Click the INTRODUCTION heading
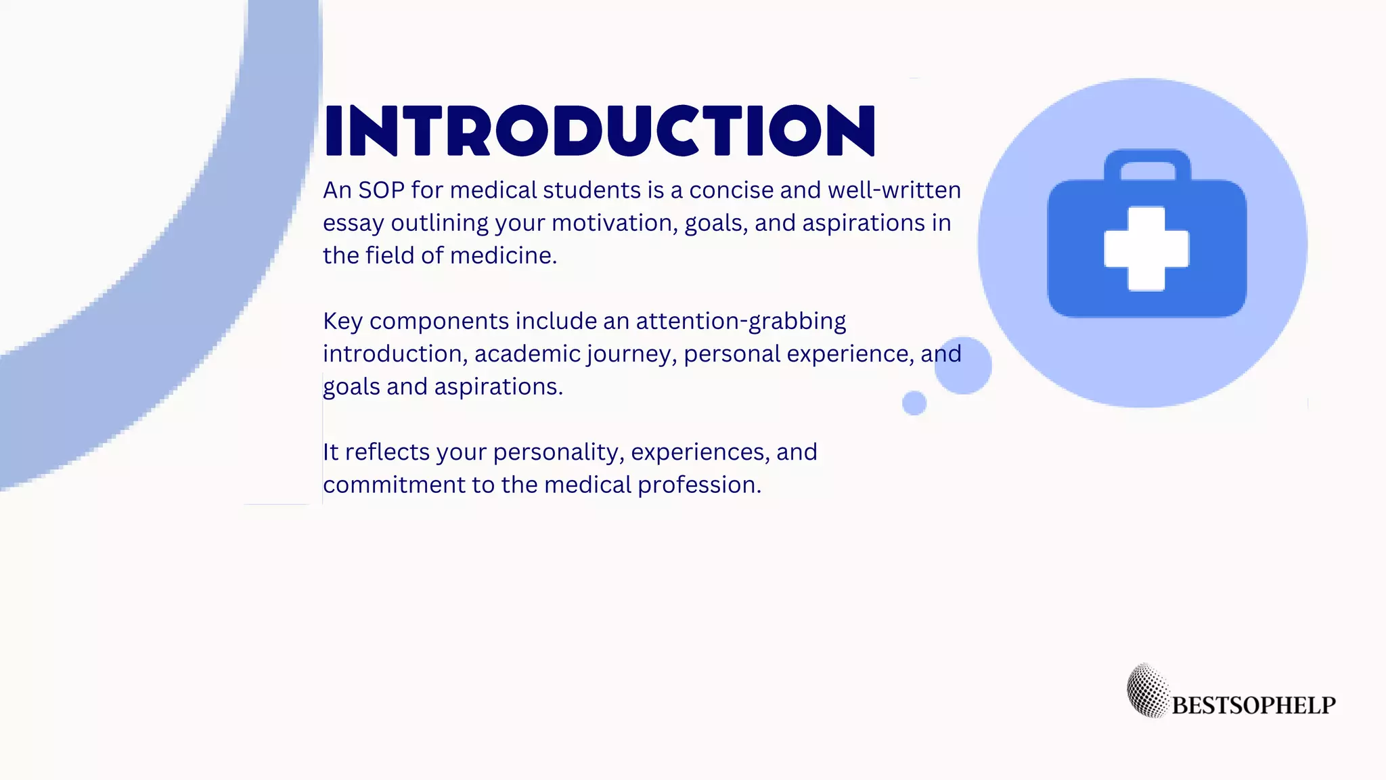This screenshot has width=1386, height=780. coord(600,131)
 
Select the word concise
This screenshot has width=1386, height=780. coord(731,190)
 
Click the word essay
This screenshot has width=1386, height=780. coord(353,223)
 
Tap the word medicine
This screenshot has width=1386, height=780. coord(503,256)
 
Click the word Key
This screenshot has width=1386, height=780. coord(342,321)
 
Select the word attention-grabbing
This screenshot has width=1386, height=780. coord(740,321)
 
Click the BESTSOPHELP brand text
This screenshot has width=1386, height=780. coord(1253,706)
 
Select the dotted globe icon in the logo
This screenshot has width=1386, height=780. coord(1148,690)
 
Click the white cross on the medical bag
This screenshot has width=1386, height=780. coord(1146,248)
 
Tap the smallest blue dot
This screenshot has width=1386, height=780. coord(914,403)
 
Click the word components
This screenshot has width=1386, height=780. coord(439,321)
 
